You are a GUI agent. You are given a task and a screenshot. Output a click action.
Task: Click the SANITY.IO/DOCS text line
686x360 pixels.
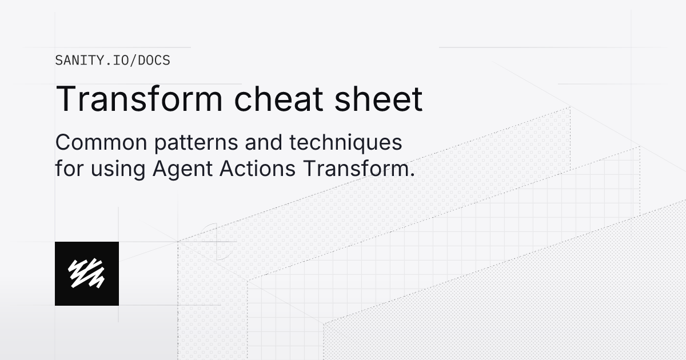coord(113,60)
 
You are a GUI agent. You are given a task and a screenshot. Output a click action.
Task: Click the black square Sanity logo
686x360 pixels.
coord(87,273)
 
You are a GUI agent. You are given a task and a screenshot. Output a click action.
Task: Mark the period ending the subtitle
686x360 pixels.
coord(411,175)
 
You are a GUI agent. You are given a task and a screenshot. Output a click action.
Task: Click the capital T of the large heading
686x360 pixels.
coord(66,99)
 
